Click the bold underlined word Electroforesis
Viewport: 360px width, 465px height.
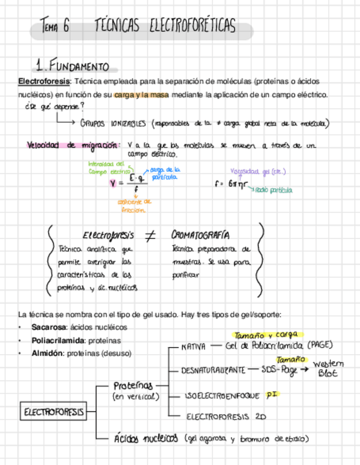pyautogui.click(x=44, y=81)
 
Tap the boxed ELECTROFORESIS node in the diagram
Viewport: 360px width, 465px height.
pyautogui.click(x=54, y=411)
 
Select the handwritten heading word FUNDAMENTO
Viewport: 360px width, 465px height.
pyautogui.click(x=80, y=66)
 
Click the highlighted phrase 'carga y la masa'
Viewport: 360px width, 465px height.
pyautogui.click(x=141, y=95)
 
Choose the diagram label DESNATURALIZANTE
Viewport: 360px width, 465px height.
pyautogui.click(x=213, y=371)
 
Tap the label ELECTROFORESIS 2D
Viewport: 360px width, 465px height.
pyautogui.click(x=226, y=417)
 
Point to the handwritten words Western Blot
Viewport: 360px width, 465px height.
pyautogui.click(x=328, y=368)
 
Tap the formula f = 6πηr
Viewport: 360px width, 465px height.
pyautogui.click(x=230, y=184)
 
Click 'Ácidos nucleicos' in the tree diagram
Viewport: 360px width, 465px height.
pyautogui.click(x=145, y=439)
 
